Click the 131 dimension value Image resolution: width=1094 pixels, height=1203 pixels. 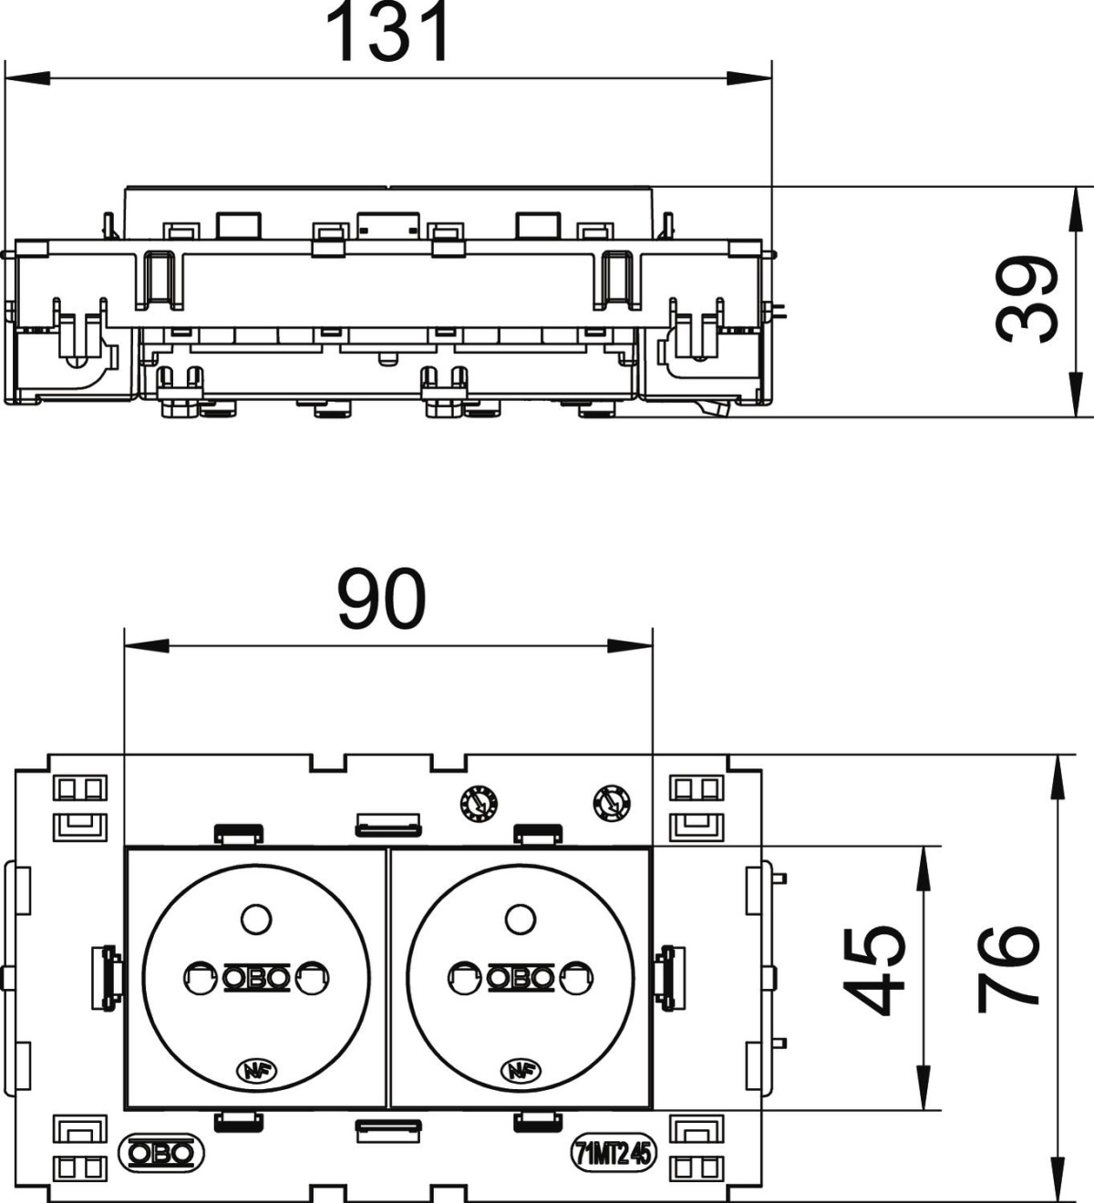387,33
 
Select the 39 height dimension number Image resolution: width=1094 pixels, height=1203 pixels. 1027,300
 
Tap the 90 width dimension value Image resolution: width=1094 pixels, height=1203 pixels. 381,599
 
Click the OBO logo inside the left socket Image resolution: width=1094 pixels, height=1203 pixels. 256,978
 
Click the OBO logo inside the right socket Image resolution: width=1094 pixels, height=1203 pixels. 520,978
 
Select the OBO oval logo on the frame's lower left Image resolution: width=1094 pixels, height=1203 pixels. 160,1154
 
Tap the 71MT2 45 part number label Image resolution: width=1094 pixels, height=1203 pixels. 614,1154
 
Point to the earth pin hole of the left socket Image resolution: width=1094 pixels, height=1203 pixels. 256,919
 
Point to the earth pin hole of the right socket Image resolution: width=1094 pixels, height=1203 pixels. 519,919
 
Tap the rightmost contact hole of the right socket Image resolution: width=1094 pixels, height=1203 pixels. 576,979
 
